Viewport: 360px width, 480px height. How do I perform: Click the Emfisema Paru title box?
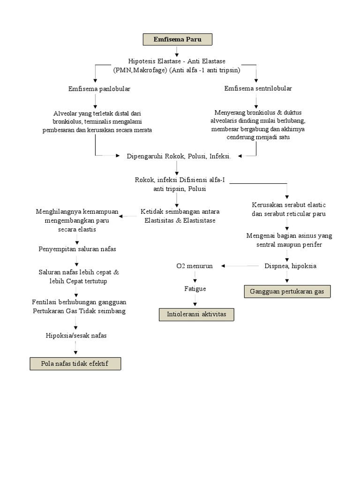(177, 39)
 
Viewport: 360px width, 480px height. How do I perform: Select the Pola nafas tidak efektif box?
(75, 363)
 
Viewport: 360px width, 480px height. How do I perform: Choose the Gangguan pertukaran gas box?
(287, 291)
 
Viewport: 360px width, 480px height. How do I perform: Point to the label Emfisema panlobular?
(99, 88)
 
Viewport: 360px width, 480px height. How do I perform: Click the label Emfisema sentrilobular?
(258, 88)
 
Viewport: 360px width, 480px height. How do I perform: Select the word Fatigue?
(195, 289)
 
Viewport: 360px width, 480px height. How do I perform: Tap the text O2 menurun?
(195, 266)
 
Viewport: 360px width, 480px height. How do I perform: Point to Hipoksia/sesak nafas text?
(76, 335)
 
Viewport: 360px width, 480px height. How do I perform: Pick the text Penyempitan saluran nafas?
(77, 249)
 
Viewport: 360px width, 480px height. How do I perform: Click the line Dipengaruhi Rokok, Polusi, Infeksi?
(179, 156)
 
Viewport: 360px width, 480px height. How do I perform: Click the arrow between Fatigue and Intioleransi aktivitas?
(195, 301)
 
